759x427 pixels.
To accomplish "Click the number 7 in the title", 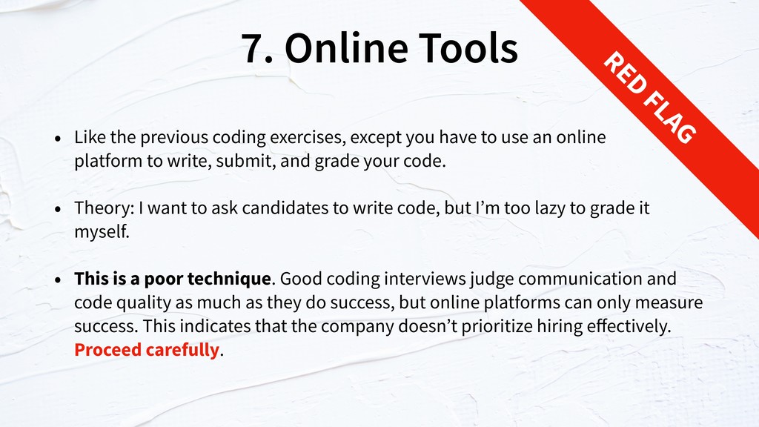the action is click(253, 48).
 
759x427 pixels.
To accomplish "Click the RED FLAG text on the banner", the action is click(649, 97).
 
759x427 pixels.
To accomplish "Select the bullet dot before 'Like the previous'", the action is click(58, 139).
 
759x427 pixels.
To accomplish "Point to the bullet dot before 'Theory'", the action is click(58, 209).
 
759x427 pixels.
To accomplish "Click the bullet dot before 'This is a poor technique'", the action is click(58, 279).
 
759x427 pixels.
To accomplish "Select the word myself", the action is click(102, 232).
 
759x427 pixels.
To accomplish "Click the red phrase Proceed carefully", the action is click(147, 350).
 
